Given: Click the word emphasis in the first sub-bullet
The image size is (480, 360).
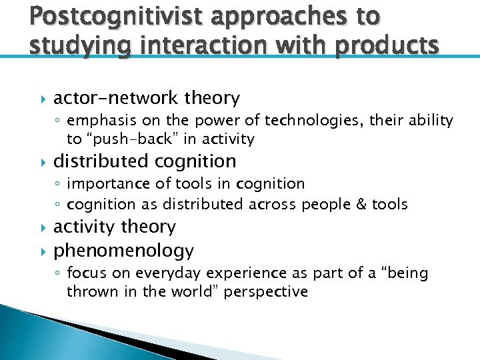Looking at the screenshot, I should (99, 121).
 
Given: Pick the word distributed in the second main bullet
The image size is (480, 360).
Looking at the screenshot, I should (101, 161).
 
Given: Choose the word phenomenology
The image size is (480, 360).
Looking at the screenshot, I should (123, 251).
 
